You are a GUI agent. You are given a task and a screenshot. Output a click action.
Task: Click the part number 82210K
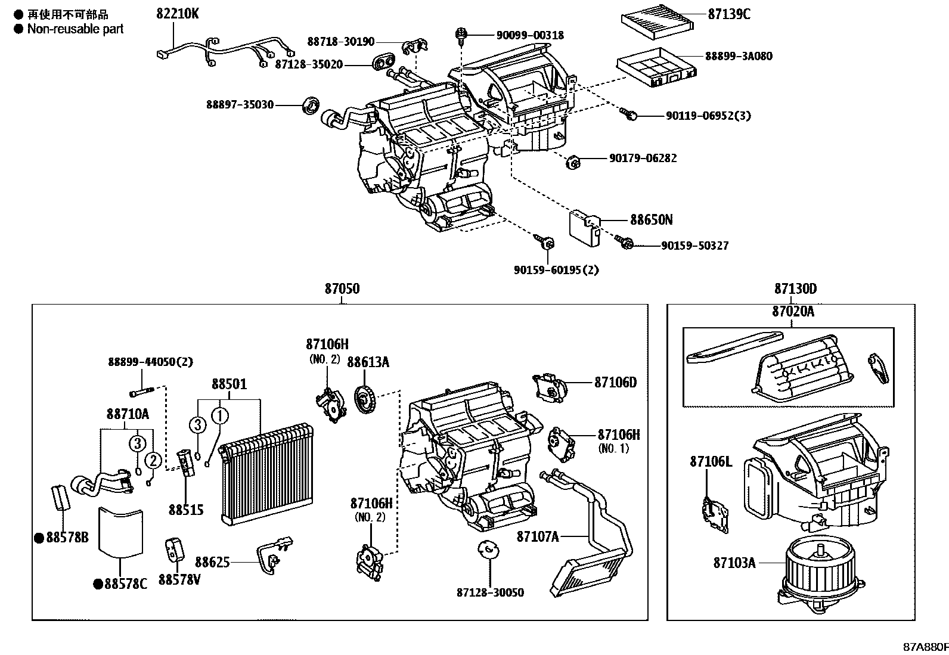click(178, 13)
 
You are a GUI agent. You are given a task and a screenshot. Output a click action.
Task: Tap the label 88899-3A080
click(739, 56)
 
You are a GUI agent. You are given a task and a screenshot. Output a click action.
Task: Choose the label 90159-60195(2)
click(556, 270)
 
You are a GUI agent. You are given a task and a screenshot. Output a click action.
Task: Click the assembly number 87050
click(342, 289)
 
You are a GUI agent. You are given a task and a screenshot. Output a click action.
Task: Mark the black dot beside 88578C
click(97, 585)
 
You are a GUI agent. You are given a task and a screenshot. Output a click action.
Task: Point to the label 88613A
click(368, 362)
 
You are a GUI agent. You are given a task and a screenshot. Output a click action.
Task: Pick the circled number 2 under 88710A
click(153, 460)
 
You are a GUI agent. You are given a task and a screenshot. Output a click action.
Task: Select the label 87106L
click(711, 461)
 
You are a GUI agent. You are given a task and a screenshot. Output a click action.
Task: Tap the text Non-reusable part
click(75, 29)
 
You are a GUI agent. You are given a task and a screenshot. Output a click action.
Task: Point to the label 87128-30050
click(490, 592)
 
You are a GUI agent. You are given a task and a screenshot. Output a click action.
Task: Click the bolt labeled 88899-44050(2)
click(141, 392)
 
